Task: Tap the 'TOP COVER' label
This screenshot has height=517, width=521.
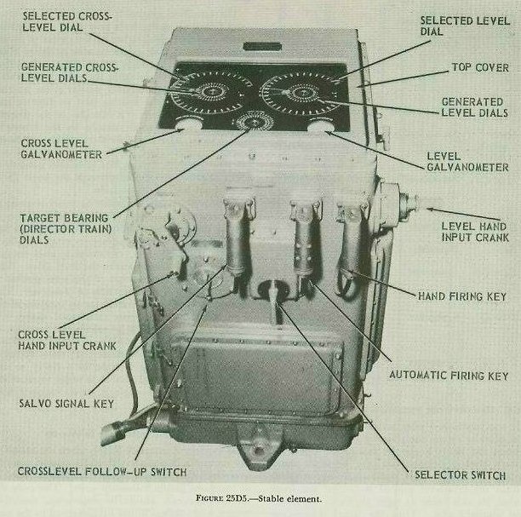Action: (480, 67)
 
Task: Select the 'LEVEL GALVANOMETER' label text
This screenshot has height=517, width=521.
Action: (467, 162)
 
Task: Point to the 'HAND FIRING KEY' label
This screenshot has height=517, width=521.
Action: (462, 296)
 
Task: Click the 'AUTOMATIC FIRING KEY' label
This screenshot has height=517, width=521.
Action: (449, 376)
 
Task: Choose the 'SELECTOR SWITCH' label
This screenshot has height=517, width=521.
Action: (461, 475)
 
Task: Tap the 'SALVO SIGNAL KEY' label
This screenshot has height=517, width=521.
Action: (66, 404)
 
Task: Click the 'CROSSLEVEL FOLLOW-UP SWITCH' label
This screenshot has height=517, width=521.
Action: (102, 472)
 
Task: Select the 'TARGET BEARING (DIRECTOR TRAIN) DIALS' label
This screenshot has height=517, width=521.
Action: (66, 229)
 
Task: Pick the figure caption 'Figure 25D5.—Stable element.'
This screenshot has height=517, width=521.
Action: (259, 499)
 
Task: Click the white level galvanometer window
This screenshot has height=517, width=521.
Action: (319, 126)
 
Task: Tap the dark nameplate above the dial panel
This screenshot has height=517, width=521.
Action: (262, 46)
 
